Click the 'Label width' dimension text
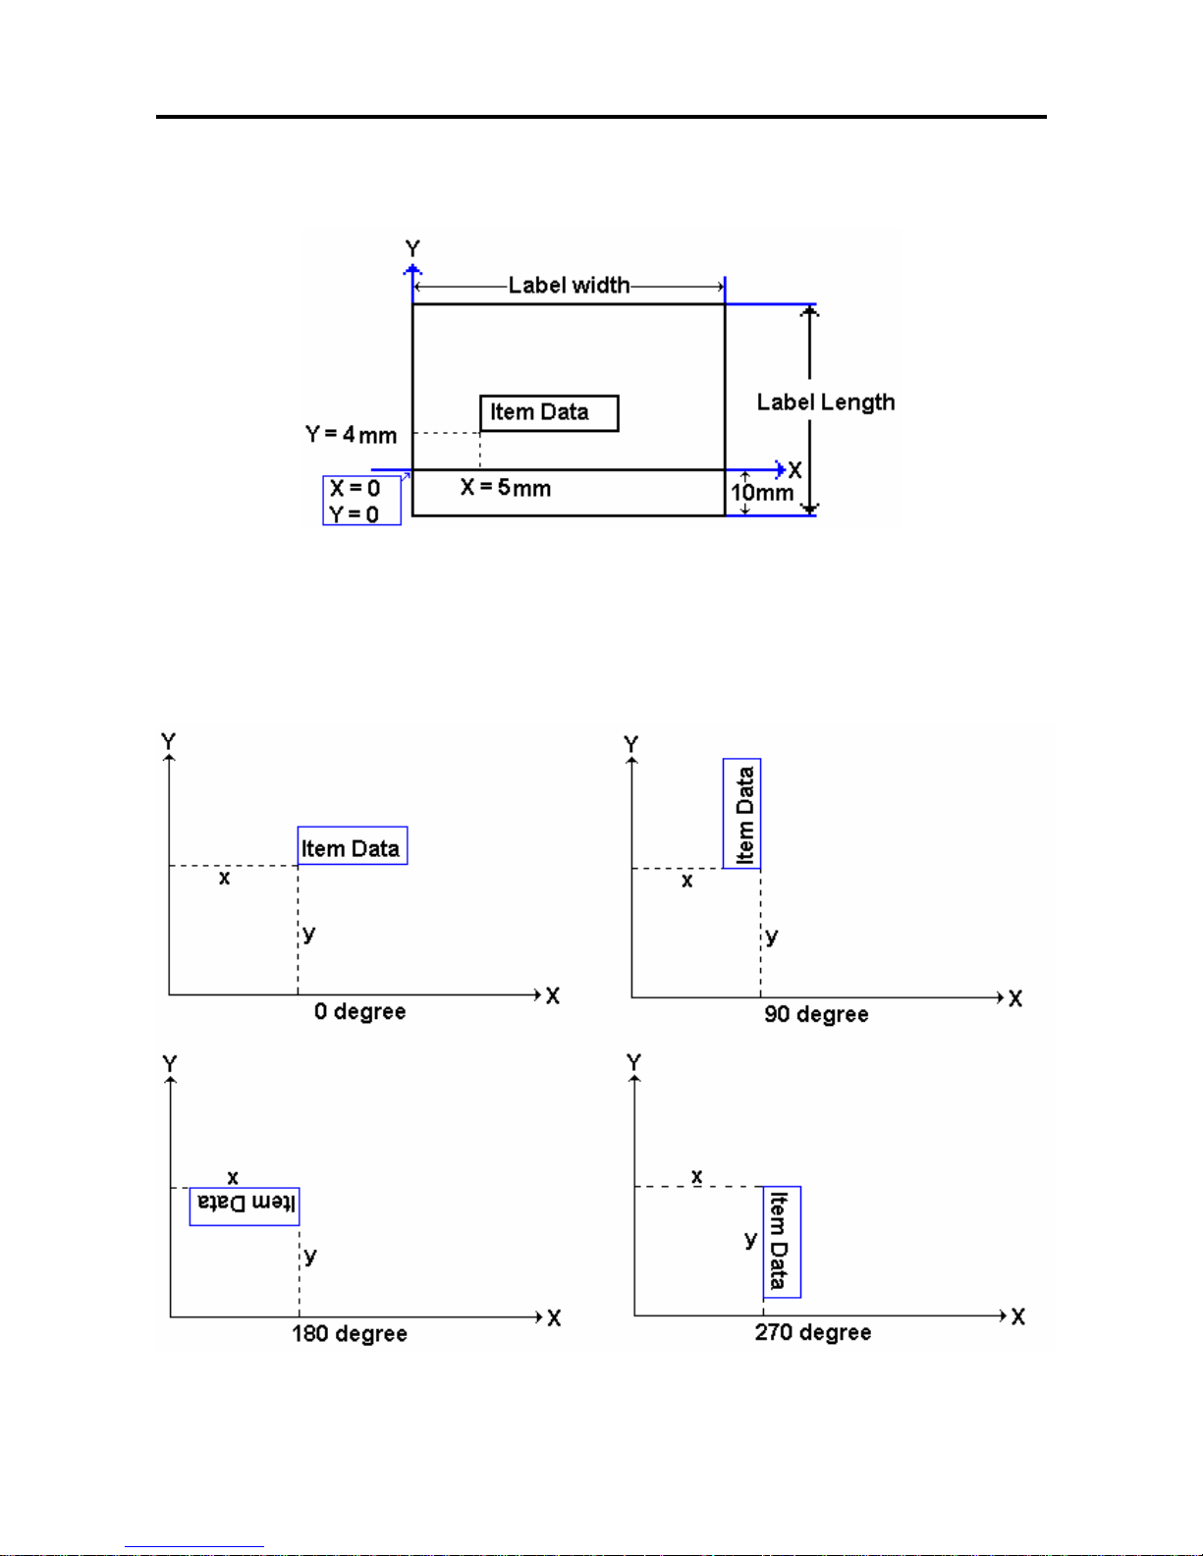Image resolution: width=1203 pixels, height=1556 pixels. click(569, 285)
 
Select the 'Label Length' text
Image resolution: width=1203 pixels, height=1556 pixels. click(826, 402)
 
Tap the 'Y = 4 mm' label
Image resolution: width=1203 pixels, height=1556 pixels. click(351, 435)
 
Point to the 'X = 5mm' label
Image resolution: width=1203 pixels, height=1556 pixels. click(506, 488)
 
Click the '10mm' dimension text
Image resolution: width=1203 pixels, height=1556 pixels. click(762, 493)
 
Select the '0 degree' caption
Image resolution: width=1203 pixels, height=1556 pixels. click(360, 1011)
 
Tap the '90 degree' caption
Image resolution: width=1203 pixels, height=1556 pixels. click(816, 1014)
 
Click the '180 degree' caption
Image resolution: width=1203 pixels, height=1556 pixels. click(350, 1333)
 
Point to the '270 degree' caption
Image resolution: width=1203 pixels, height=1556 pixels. click(813, 1332)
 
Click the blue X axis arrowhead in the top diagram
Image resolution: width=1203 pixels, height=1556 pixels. click(782, 469)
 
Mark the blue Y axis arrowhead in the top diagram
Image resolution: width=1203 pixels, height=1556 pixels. click(412, 270)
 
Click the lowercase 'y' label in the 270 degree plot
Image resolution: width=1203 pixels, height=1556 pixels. click(750, 1239)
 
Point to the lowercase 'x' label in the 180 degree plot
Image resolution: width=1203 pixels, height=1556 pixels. click(233, 1177)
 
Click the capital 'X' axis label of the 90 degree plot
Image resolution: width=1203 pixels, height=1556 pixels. click(1015, 998)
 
